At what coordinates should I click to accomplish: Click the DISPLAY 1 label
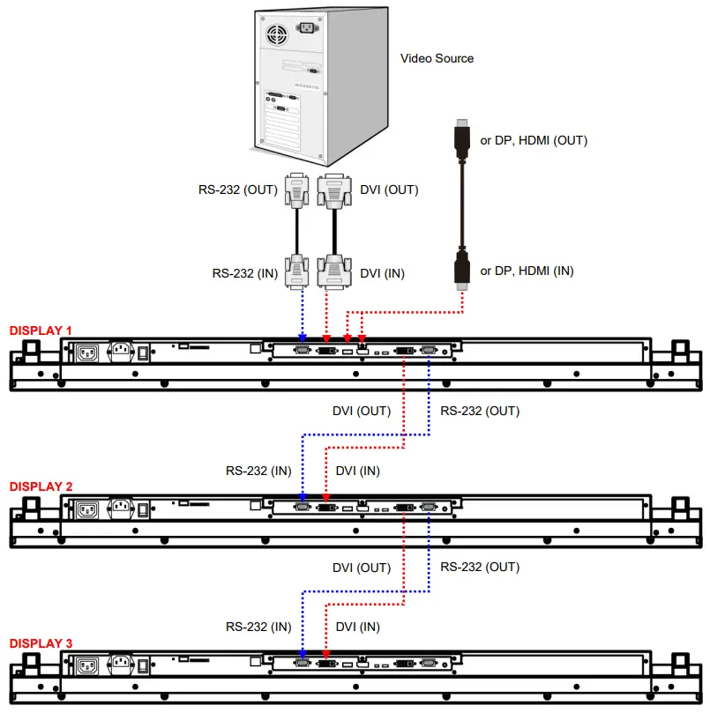tap(41, 331)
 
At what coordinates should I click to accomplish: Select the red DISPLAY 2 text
tap(41, 486)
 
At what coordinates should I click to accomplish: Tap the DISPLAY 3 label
tap(41, 643)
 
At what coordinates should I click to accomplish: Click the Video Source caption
tap(437, 58)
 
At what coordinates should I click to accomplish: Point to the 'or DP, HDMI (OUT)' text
tap(533, 140)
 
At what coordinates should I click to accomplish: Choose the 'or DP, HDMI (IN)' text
tap(527, 271)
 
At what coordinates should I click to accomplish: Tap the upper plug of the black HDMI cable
tap(460, 141)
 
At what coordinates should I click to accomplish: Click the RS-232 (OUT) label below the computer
tap(236, 189)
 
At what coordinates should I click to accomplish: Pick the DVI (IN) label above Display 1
tap(383, 273)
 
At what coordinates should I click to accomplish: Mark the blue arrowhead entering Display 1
tap(303, 338)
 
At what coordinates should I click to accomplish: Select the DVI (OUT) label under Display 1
tap(361, 411)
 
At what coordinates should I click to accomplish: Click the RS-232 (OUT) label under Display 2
tap(479, 567)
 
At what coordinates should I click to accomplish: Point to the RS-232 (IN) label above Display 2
tap(258, 471)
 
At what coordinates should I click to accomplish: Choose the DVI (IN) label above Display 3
tap(358, 627)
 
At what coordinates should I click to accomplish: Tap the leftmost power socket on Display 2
tap(87, 509)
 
